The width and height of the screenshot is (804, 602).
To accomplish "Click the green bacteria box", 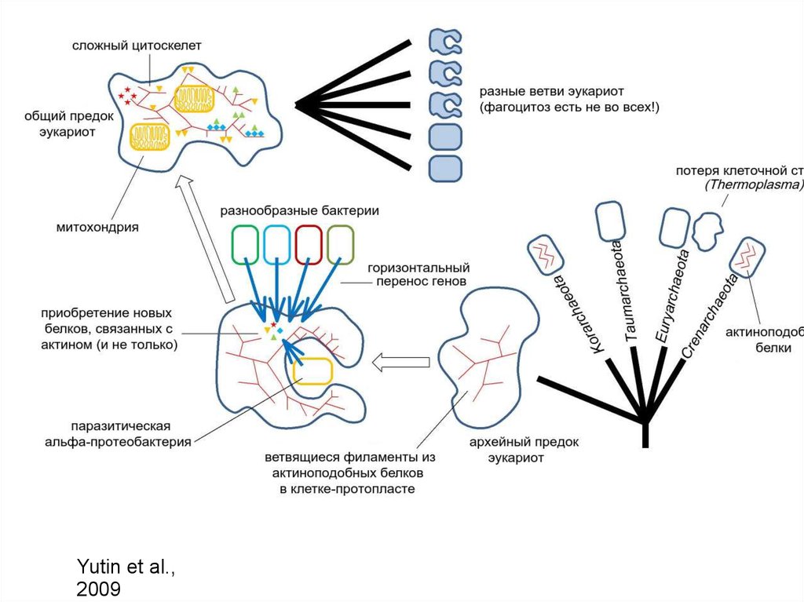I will click(245, 243).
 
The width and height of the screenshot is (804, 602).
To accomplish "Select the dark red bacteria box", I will click(310, 243).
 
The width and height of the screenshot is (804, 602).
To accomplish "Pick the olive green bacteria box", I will click(341, 243).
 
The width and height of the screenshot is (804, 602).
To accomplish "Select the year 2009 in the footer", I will click(99, 589).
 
